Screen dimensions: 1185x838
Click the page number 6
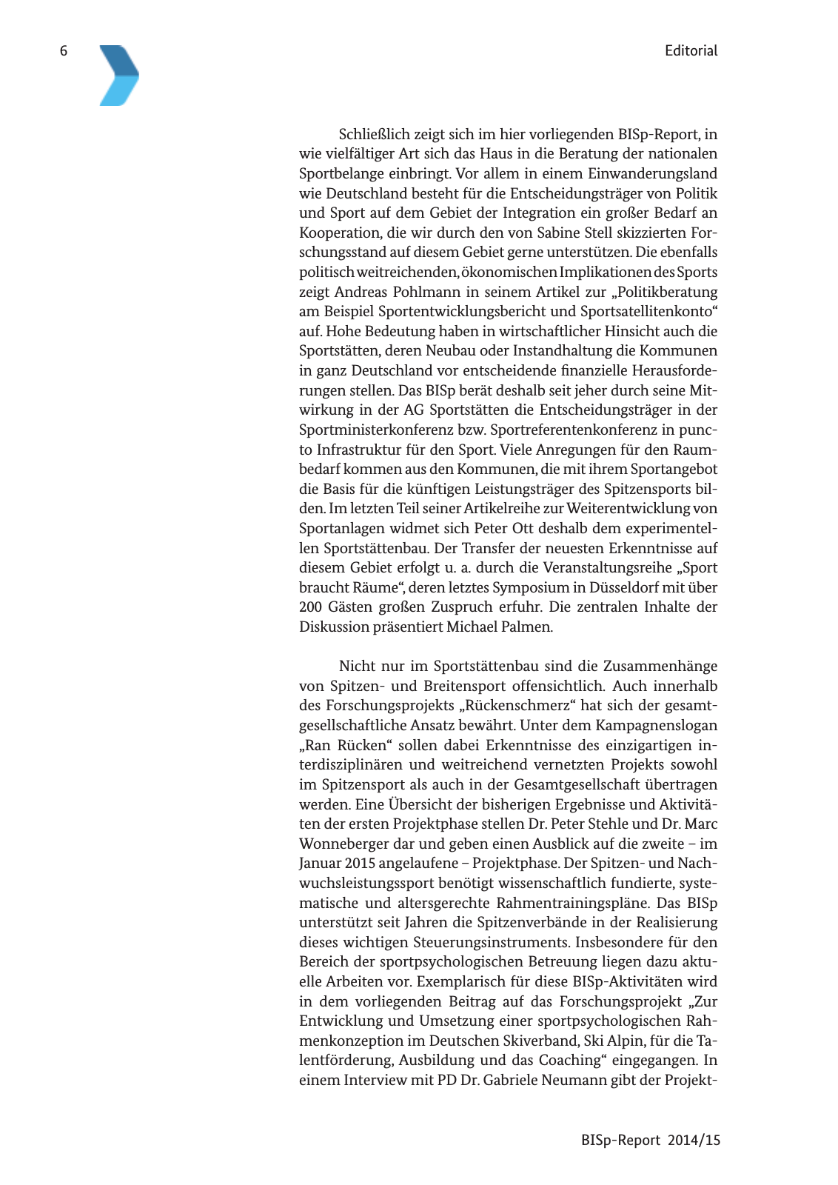(64, 50)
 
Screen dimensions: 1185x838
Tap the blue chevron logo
(118, 76)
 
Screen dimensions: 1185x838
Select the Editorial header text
(691, 50)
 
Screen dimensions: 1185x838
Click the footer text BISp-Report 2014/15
(650, 1140)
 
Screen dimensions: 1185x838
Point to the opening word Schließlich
(376, 134)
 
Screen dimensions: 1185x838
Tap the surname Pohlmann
(426, 292)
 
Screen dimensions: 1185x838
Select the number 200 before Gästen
(311, 607)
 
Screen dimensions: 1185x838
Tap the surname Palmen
(527, 627)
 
